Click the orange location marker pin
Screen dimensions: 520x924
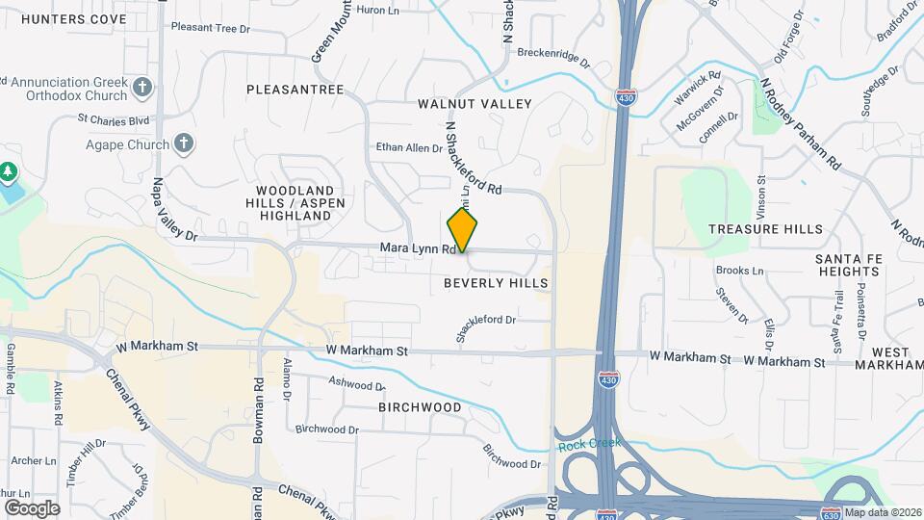click(x=463, y=231)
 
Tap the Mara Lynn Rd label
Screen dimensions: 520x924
click(x=417, y=248)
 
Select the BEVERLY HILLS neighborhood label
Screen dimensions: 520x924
click(x=496, y=283)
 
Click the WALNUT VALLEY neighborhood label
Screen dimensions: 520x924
click(x=475, y=103)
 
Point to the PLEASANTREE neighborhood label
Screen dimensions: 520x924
click(x=295, y=90)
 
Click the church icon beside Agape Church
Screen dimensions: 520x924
click(x=184, y=144)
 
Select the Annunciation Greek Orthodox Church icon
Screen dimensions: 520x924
click(x=142, y=89)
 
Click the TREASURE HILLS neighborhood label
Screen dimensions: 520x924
click(x=765, y=229)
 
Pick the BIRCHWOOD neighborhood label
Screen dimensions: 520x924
click(x=420, y=407)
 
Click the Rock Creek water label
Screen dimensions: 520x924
click(x=589, y=443)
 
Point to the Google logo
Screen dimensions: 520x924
click(x=32, y=507)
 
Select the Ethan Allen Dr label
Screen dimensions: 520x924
click(x=408, y=148)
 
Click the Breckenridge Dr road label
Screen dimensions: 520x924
click(x=553, y=57)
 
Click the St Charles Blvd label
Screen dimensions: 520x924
click(x=114, y=120)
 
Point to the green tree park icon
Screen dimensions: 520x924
click(x=9, y=171)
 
